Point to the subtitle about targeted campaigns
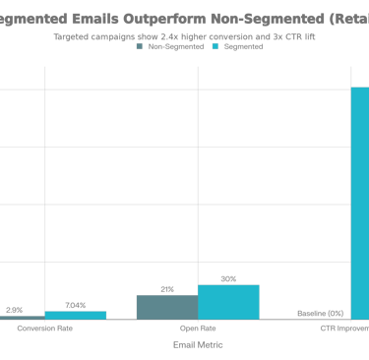tap(186, 36)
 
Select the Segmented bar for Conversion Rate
tap(75, 315)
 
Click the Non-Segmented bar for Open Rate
tap(166, 306)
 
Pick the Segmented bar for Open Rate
tap(228, 302)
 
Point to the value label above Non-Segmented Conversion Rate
tap(14, 310)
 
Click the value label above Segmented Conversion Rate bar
tap(75, 305)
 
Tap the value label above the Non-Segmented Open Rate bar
tap(167, 289)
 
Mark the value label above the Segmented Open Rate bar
tap(228, 279)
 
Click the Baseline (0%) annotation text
tap(321, 313)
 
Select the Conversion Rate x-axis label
tap(44, 329)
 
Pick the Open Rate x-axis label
tap(198, 329)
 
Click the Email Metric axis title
tap(198, 345)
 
